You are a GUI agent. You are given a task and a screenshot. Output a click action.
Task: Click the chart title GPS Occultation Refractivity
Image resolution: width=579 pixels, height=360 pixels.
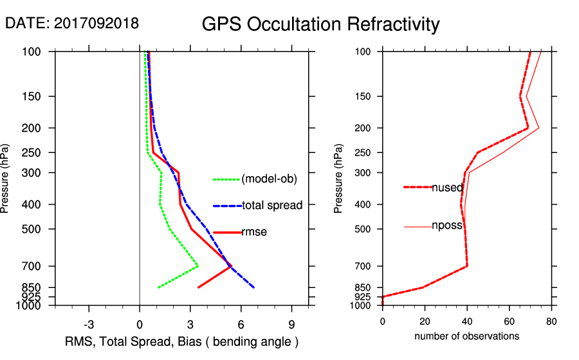click(x=320, y=24)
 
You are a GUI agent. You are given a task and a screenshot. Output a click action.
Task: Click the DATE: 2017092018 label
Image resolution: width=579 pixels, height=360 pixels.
click(x=71, y=23)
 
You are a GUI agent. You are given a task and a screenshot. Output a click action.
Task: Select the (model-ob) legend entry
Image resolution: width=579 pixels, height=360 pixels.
click(x=269, y=179)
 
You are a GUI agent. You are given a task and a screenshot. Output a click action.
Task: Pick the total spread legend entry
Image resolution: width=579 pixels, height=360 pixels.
click(x=272, y=206)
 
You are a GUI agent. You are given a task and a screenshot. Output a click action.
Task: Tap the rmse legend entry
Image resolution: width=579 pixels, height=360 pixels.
click(x=253, y=232)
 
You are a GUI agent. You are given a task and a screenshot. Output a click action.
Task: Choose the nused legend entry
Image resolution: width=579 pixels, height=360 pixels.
click(x=447, y=188)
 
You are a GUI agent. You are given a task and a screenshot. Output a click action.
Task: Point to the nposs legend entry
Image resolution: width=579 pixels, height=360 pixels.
click(x=447, y=226)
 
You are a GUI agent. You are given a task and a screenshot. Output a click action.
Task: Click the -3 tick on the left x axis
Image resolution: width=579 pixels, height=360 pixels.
click(x=89, y=324)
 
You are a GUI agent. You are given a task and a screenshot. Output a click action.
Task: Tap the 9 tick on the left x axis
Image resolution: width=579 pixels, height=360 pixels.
click(x=291, y=324)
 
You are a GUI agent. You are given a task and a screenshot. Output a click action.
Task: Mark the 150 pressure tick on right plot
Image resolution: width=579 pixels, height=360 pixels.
click(x=367, y=96)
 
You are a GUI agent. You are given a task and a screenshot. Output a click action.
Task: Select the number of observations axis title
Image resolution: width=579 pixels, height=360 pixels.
click(x=466, y=336)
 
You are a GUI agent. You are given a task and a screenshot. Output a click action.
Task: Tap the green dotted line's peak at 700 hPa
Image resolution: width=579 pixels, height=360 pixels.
click(x=198, y=265)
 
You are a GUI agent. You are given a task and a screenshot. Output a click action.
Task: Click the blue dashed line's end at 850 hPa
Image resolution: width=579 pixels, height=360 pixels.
click(x=254, y=287)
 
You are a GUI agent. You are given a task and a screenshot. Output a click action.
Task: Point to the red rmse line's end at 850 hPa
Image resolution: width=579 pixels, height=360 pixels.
click(x=198, y=287)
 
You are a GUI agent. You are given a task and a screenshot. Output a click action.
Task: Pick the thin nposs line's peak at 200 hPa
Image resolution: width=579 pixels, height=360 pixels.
click(x=538, y=128)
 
